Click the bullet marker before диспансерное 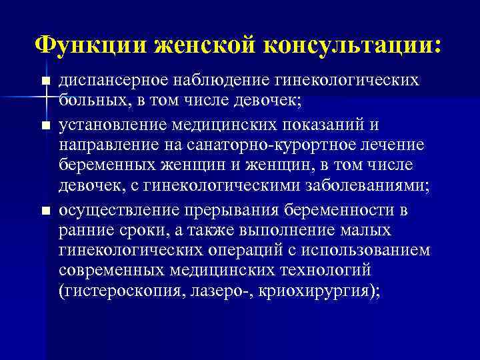click(45, 81)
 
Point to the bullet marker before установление click(45, 125)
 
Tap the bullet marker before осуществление click(45, 211)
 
